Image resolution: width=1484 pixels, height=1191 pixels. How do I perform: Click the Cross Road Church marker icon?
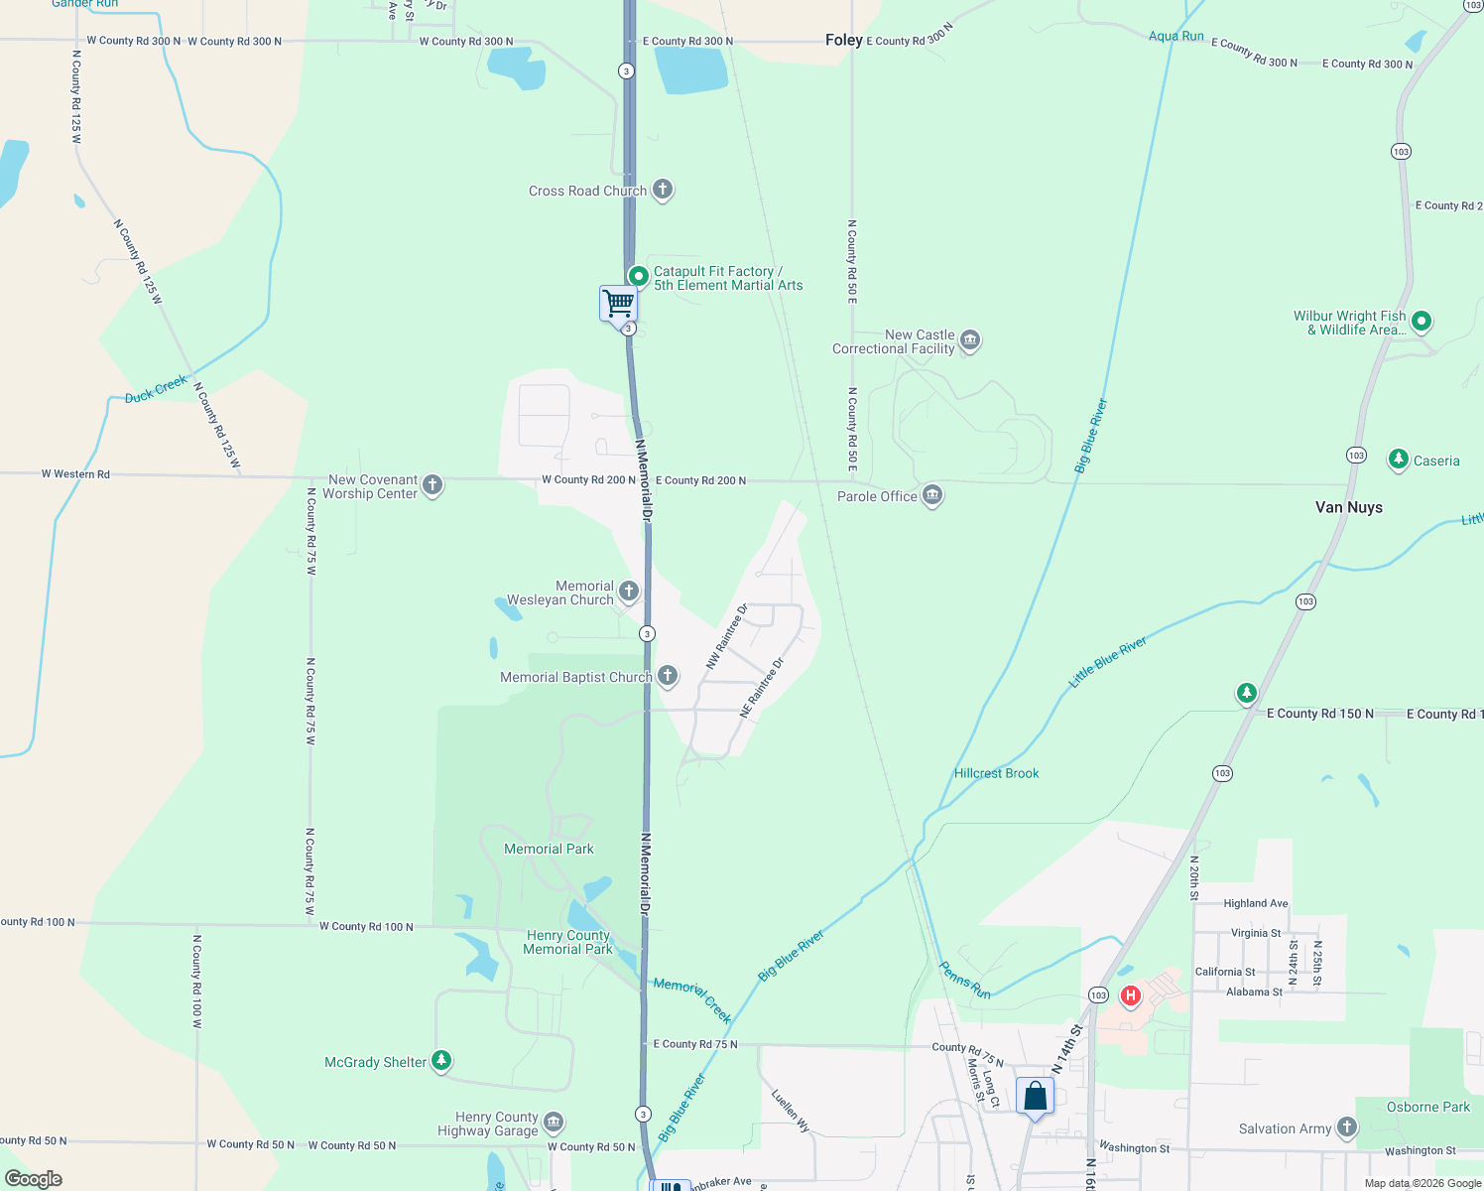pos(663,190)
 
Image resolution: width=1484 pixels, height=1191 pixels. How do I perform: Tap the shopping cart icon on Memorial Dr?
pos(618,304)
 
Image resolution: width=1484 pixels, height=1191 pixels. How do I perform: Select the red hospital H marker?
pos(1130,994)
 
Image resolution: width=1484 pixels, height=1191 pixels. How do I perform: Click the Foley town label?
pos(843,40)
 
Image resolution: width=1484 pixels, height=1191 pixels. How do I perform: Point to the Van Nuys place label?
pos(1348,507)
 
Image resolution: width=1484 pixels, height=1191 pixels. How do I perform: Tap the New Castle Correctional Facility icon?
pos(970,340)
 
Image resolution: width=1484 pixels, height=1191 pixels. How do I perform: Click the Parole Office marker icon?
pos(931,495)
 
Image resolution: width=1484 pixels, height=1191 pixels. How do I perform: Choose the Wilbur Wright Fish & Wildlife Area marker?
pos(1422,321)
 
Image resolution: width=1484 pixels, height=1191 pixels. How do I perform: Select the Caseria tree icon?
pos(1398,459)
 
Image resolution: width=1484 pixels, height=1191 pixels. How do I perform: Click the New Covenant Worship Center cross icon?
pos(433,484)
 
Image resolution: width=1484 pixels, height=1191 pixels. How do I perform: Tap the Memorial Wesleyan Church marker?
pos(629,592)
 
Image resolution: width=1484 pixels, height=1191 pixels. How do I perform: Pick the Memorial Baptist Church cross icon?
pos(668,676)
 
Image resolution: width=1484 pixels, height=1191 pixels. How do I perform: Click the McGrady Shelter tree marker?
pos(441,1061)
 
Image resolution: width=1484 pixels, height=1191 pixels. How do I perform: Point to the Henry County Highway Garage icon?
pos(554,1123)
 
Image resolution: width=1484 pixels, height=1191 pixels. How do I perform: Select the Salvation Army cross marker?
pos(1346,1126)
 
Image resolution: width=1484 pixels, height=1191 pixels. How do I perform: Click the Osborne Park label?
pos(1427,1107)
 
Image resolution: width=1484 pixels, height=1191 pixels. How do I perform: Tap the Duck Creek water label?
pos(156,389)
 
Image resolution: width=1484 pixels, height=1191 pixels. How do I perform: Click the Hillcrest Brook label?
pos(996,773)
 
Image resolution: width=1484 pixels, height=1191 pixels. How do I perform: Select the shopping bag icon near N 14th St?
pos(1035,1097)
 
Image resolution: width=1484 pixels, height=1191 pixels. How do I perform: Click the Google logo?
pos(34,1178)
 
